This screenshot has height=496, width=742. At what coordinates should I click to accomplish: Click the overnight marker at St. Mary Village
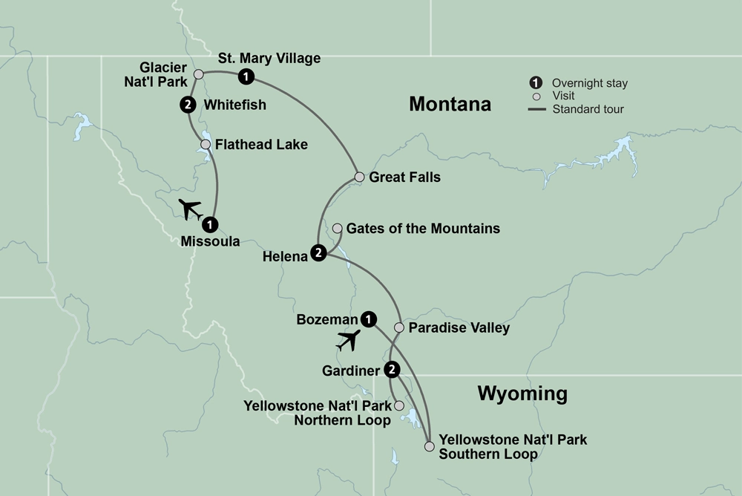[246, 76]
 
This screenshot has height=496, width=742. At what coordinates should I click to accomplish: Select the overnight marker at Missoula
[211, 223]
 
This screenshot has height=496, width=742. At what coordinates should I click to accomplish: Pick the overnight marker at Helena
[319, 253]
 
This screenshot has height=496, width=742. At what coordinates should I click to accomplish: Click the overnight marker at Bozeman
[368, 319]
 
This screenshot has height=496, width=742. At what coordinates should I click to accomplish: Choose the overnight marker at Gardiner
[393, 368]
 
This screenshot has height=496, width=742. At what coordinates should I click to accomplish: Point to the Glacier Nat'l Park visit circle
[198, 74]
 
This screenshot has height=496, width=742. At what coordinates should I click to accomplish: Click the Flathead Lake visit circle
[206, 144]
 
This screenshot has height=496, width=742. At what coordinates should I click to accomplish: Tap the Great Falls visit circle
[359, 177]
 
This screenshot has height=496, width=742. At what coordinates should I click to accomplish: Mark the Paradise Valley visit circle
[399, 327]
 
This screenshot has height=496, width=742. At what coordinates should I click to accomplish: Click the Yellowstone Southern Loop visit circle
[429, 446]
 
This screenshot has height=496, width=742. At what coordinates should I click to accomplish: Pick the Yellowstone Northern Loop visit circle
[399, 405]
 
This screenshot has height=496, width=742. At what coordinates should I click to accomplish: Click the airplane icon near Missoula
[191, 209]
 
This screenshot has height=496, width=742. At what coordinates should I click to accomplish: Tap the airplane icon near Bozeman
[348, 340]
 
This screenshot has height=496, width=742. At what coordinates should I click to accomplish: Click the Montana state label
[450, 104]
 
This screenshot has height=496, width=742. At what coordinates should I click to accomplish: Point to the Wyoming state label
[522, 393]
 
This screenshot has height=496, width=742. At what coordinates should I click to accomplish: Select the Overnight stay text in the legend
[585, 83]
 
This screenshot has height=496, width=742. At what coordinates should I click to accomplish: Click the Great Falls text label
[404, 177]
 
